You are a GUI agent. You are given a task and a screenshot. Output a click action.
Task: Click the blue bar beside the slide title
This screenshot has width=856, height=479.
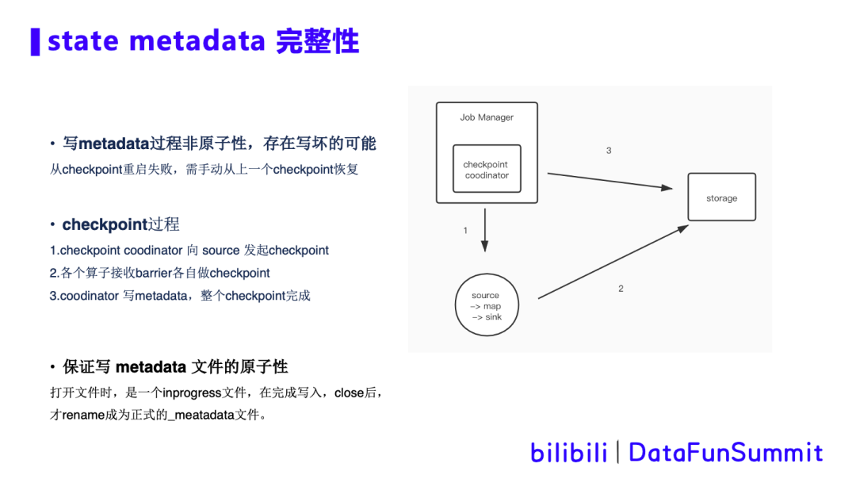pyautogui.click(x=35, y=41)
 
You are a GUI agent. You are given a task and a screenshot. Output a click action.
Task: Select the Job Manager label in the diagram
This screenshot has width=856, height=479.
pyautogui.click(x=487, y=117)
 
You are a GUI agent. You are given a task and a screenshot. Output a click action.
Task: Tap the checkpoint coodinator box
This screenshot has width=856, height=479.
pyautogui.click(x=487, y=169)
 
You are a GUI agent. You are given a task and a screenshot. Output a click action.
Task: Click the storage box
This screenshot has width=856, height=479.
pyautogui.click(x=721, y=197)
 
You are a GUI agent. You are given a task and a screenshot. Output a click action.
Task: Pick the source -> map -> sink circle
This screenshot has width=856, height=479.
pyautogui.click(x=486, y=306)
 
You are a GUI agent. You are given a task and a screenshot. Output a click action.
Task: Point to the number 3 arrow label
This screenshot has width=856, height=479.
pyautogui.click(x=609, y=151)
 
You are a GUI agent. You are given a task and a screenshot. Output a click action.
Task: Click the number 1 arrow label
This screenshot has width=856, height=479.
pyautogui.click(x=465, y=231)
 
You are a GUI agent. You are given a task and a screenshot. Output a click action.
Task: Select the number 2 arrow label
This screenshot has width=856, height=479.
pyautogui.click(x=621, y=289)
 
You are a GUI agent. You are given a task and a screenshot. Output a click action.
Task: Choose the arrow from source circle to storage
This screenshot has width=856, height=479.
pyautogui.click(x=612, y=262)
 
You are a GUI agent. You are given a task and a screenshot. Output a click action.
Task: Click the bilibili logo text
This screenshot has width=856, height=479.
pyautogui.click(x=568, y=452)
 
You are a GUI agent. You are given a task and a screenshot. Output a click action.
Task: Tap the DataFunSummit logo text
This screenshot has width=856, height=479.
pyautogui.click(x=725, y=452)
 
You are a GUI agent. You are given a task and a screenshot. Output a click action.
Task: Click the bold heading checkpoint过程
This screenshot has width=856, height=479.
pyautogui.click(x=120, y=224)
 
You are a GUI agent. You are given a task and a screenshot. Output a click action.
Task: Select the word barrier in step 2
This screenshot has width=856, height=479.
pyautogui.click(x=154, y=273)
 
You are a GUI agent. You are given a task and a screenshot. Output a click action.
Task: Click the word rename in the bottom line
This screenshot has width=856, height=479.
pyautogui.click(x=83, y=416)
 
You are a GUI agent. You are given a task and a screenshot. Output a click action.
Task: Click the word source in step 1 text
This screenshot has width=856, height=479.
pyautogui.click(x=220, y=251)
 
